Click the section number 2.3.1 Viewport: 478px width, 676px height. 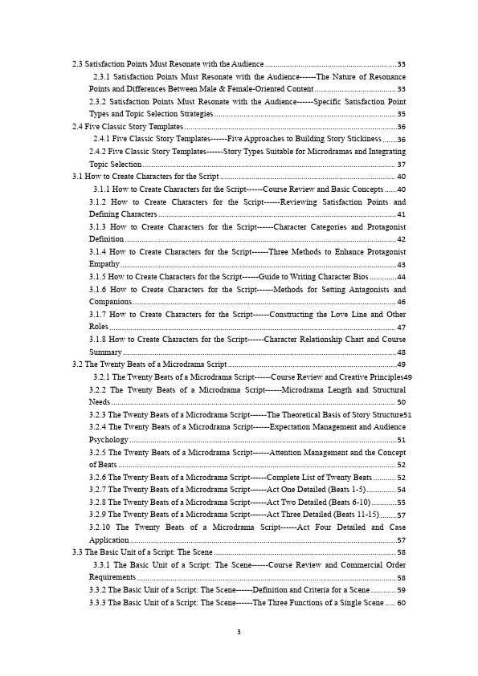(x=103, y=76)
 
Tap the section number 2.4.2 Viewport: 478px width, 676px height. (x=98, y=151)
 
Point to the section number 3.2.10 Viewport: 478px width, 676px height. (x=100, y=527)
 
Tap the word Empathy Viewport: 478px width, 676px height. (x=104, y=264)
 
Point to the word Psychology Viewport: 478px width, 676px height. (x=108, y=440)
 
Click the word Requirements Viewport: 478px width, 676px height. (x=112, y=577)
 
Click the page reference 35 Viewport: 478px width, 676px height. (x=401, y=114)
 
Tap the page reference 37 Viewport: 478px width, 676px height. (x=401, y=164)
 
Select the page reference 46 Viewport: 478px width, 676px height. (x=401, y=302)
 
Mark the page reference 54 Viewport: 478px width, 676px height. (x=401, y=490)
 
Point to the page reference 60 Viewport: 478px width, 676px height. (x=401, y=602)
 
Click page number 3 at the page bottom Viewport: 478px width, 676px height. (x=239, y=633)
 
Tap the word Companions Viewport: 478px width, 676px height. (x=111, y=302)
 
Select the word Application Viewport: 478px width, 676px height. (x=109, y=540)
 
